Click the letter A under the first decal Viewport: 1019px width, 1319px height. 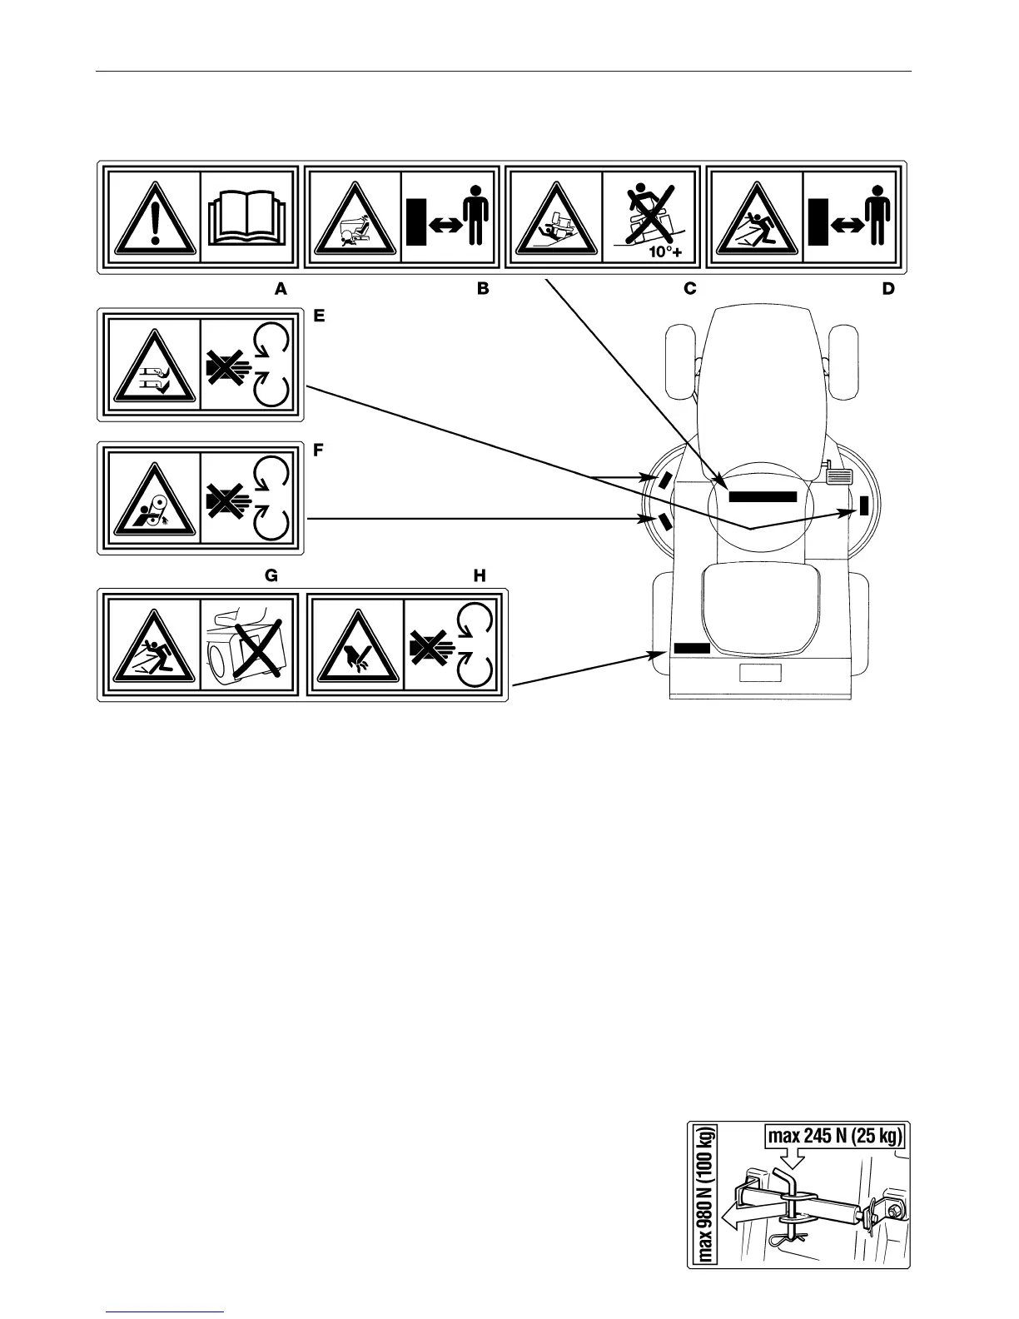[x=281, y=289]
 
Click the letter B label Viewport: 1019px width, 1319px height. [x=482, y=289]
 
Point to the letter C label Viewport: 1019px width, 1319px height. [x=689, y=289]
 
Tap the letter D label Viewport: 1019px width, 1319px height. [x=888, y=289]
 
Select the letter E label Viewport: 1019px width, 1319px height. [x=318, y=316]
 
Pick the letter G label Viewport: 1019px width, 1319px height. [x=271, y=575]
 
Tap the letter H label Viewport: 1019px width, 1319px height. [x=480, y=575]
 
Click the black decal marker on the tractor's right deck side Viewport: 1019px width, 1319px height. [x=864, y=505]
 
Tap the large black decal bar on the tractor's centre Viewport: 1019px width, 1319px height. [x=763, y=496]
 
